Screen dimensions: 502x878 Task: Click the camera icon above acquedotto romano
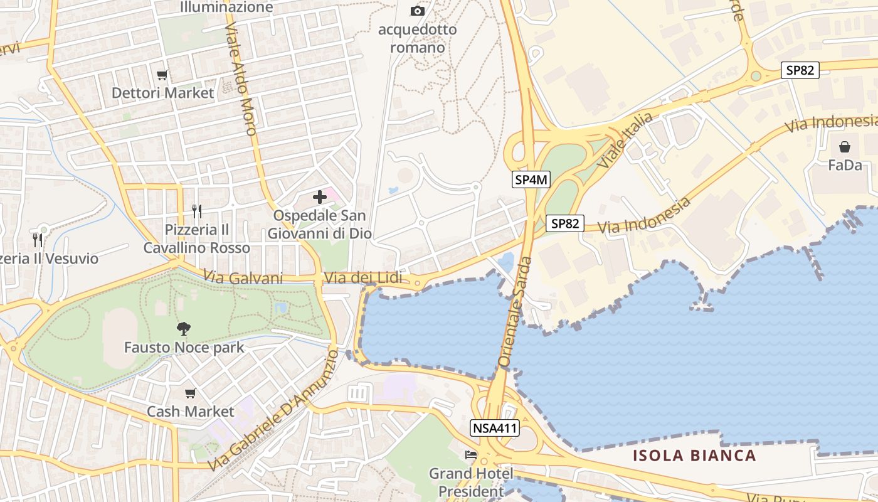click(x=417, y=11)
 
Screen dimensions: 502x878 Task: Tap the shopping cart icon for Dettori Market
click(x=162, y=75)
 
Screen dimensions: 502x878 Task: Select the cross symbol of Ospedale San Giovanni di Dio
click(x=320, y=197)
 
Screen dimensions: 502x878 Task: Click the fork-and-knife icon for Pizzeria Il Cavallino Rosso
click(x=197, y=211)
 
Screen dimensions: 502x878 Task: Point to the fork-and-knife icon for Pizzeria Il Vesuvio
click(x=38, y=240)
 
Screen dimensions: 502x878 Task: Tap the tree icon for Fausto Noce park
click(x=184, y=328)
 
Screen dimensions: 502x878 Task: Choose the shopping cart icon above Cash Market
click(x=190, y=393)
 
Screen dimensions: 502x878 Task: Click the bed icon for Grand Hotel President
click(x=471, y=455)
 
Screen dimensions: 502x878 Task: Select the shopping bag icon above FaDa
click(x=845, y=147)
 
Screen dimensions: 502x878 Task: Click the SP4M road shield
click(x=531, y=180)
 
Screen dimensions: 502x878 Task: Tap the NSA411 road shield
click(x=495, y=429)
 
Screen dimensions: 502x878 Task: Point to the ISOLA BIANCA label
click(x=694, y=456)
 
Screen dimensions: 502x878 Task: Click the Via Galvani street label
click(x=243, y=277)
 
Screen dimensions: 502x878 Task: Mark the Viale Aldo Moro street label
click(x=241, y=80)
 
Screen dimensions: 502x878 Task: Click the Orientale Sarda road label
click(x=515, y=312)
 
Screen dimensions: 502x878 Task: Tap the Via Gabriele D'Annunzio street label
click(x=273, y=411)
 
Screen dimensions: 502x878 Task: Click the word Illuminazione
click(x=226, y=8)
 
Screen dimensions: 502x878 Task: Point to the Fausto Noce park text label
click(x=184, y=347)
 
